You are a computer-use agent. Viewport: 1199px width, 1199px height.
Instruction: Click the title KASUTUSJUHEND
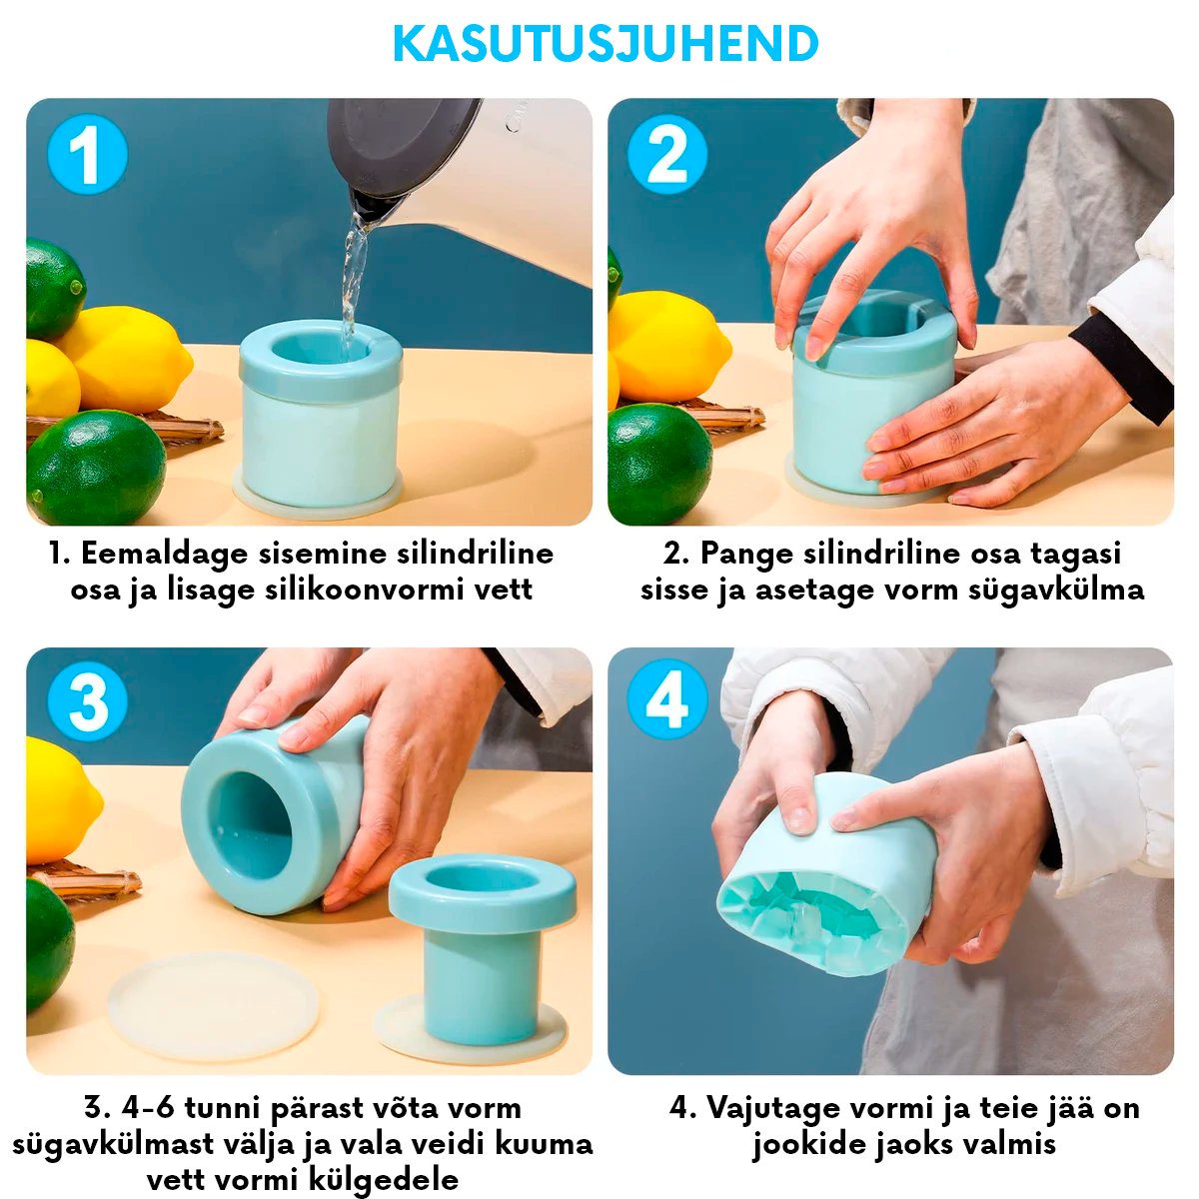[x=605, y=44]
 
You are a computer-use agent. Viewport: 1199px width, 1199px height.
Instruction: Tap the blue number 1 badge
[x=87, y=154]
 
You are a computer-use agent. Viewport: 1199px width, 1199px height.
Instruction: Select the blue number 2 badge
[x=667, y=154]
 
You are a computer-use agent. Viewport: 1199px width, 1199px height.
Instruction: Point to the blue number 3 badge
[x=87, y=701]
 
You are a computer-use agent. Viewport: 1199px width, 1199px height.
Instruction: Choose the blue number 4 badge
[x=667, y=698]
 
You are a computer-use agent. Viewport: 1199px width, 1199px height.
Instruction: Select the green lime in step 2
[x=658, y=464]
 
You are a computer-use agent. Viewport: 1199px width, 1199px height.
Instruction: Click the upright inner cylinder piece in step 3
[x=483, y=952]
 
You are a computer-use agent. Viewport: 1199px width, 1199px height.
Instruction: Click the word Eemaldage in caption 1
[x=164, y=555]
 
